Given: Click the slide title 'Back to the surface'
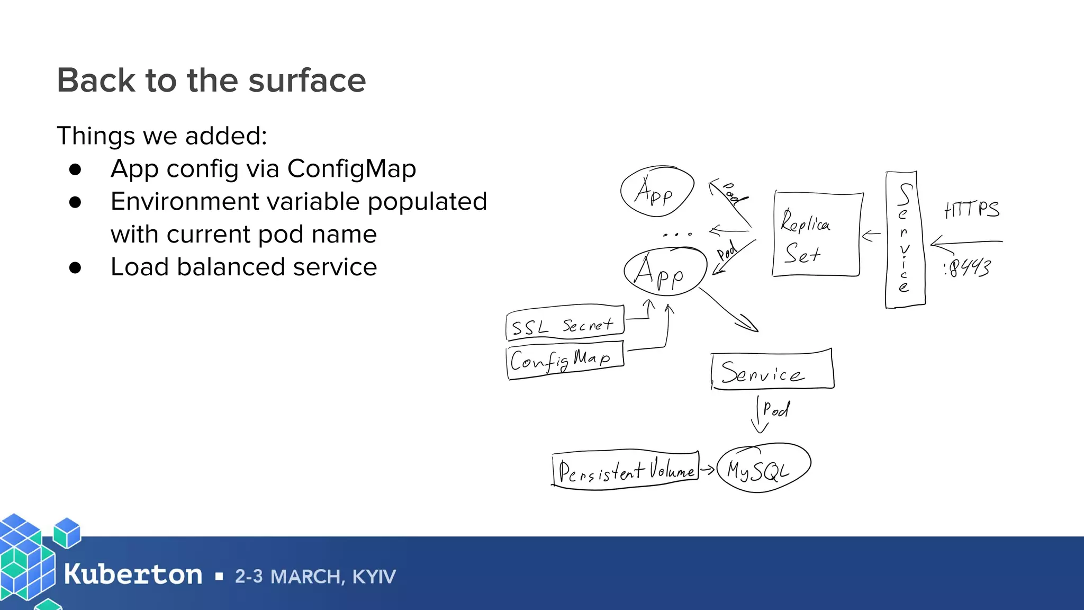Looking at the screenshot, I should (211, 80).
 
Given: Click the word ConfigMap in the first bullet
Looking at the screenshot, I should (351, 169).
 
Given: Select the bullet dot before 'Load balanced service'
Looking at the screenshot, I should (75, 267).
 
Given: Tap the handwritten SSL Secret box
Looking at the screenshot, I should (564, 322).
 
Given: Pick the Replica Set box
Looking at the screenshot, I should (817, 235).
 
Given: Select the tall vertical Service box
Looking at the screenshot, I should (905, 239).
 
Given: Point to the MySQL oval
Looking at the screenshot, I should (763, 469).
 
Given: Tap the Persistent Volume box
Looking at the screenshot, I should (626, 470).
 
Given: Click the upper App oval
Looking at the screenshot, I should (657, 192).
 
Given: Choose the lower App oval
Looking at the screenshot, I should (665, 272).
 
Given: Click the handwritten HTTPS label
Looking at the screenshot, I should (972, 210).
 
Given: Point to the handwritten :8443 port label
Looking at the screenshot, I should (968, 268).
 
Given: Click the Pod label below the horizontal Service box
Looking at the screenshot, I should (776, 409).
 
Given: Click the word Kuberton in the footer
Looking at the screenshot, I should (133, 575).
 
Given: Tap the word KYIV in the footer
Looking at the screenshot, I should (374, 577).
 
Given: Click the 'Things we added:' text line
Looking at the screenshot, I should (162, 136).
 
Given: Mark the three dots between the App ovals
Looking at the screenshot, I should (677, 234).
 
